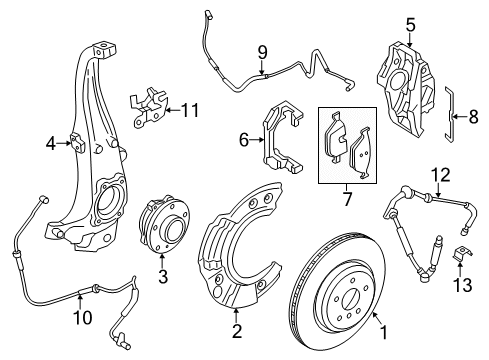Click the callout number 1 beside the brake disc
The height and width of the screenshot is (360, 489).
coord(384,332)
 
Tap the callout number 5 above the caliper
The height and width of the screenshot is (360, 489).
coord(410,25)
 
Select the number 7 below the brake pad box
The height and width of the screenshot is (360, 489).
coord(347,199)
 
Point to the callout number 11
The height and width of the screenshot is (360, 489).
coord(191,110)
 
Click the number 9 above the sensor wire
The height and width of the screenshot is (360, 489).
coord(262,52)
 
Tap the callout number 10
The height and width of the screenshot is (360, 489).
coord(83,317)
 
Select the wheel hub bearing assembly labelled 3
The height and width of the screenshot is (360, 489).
coord(164,226)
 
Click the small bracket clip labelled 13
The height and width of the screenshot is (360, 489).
coord(462,253)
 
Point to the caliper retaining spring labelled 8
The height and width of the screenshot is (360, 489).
coord(449,114)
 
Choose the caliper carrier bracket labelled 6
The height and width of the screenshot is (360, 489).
coord(282,137)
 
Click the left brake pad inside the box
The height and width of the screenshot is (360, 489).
coord(336,138)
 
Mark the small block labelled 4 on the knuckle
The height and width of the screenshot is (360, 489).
coord(77,143)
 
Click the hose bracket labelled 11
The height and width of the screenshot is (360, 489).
coord(148,107)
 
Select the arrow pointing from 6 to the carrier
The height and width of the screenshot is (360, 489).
coord(256,140)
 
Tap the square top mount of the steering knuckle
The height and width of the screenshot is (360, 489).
coord(105,50)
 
